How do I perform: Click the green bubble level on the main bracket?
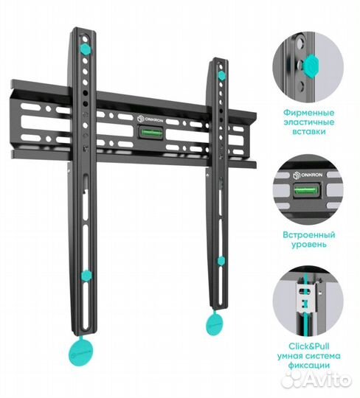tap(151, 133)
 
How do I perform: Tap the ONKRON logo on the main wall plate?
tap(150, 119)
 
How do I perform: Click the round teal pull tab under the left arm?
tap(81, 352)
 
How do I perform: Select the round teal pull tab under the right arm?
tap(215, 323)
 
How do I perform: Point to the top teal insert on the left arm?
tap(85, 49)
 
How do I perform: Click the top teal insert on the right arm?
tap(221, 75)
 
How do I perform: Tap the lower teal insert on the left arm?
tap(86, 276)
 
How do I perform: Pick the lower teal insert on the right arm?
tap(221, 261)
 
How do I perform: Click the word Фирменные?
tap(308, 113)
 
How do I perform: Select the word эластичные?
tap(308, 122)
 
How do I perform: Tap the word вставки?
tap(308, 132)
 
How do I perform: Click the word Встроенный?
tap(308, 235)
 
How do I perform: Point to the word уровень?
tap(308, 245)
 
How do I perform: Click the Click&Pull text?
tap(308, 346)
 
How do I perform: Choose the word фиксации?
tap(308, 366)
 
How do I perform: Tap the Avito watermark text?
tap(328, 380)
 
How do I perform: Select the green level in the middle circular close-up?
tap(306, 190)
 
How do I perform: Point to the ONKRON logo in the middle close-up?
tap(308, 175)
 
